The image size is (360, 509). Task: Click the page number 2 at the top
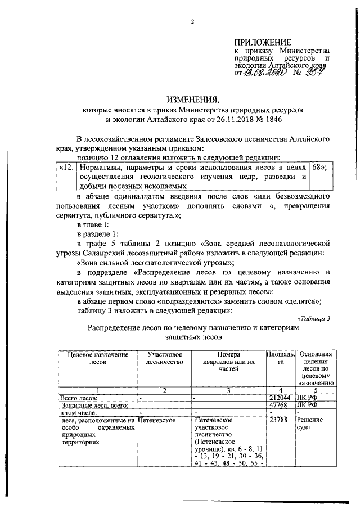pyautogui.click(x=192, y=22)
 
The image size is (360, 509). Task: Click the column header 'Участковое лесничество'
pyautogui.click(x=163, y=359)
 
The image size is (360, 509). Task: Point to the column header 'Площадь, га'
pyautogui.click(x=280, y=359)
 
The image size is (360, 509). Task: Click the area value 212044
pyautogui.click(x=280, y=398)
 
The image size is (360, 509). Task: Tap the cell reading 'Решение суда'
pyautogui.click(x=308, y=424)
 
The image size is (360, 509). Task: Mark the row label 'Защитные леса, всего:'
pyautogui.click(x=88, y=405)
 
